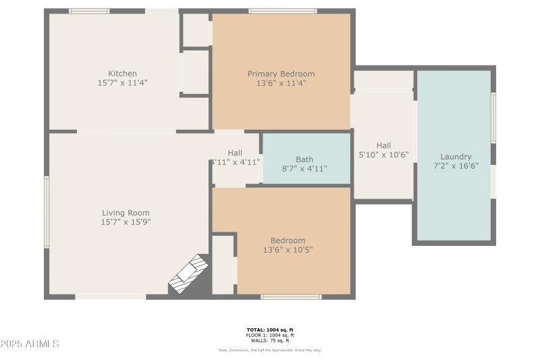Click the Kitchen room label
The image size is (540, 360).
point(123,74)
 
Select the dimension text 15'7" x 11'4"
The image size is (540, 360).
point(123,83)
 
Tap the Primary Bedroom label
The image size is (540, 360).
point(281,74)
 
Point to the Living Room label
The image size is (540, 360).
point(125,213)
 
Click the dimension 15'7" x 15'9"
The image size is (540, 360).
point(125,222)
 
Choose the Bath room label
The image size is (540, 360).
point(304,159)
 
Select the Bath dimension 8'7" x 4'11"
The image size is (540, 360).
point(304,169)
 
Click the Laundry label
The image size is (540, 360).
point(456,157)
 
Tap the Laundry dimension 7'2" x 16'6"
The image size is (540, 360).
point(456,166)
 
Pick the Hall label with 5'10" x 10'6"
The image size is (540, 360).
point(383,145)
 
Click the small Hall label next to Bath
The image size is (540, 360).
point(235,153)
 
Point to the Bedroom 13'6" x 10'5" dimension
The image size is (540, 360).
point(288,250)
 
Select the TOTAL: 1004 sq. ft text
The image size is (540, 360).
point(269,330)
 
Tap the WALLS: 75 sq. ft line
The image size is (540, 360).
point(269,340)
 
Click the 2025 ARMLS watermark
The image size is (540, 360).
point(30,344)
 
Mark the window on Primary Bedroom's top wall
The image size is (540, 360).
point(282,11)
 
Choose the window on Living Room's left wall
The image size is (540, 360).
point(47,211)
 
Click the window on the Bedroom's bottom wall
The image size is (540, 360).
point(291,297)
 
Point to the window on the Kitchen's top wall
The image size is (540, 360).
point(89,11)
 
